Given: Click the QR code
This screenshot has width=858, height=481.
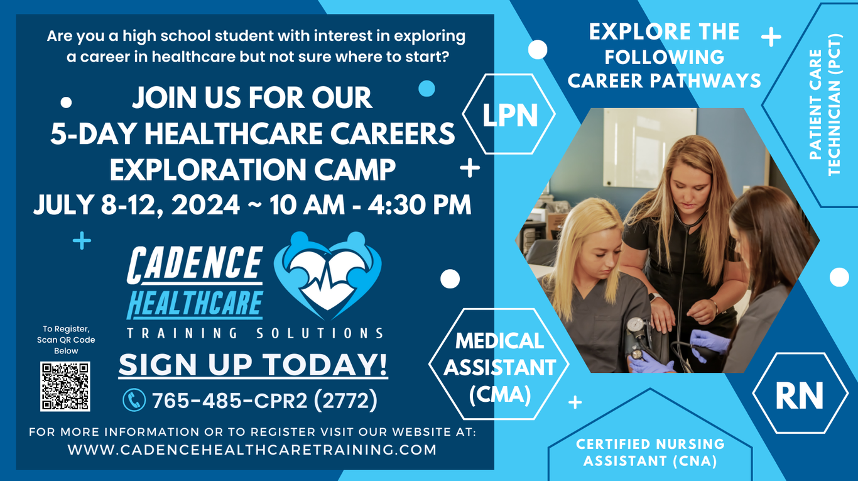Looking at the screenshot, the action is pyautogui.click(x=65, y=386).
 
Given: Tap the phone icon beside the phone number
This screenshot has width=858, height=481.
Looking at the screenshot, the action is pyautogui.click(x=134, y=400).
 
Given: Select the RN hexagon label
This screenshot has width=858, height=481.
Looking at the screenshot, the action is pyautogui.click(x=800, y=395).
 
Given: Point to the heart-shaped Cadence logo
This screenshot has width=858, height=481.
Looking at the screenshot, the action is pyautogui.click(x=327, y=275).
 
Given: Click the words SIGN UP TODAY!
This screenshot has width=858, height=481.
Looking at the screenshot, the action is pyautogui.click(x=253, y=365).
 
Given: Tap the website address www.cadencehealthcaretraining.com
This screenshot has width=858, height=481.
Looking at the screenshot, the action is pyautogui.click(x=252, y=450).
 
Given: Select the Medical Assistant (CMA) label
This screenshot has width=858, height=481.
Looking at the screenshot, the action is pyautogui.click(x=499, y=367).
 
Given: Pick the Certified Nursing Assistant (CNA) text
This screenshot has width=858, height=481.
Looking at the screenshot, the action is pyautogui.click(x=650, y=452).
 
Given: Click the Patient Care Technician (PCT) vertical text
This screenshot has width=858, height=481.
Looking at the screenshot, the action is pyautogui.click(x=825, y=105).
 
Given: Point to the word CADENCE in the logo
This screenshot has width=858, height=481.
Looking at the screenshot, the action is pyautogui.click(x=195, y=265).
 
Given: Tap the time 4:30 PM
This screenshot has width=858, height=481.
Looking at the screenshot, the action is pyautogui.click(x=419, y=205).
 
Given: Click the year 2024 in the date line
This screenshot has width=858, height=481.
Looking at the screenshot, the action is pyautogui.click(x=205, y=205).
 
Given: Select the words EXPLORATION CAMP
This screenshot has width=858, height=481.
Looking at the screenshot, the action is pyautogui.click(x=253, y=170).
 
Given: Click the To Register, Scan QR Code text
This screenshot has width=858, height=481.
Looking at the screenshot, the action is pyautogui.click(x=66, y=340).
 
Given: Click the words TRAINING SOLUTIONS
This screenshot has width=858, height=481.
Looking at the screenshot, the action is pyautogui.click(x=255, y=333).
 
